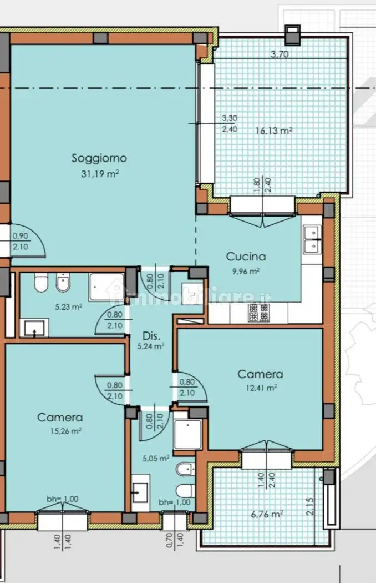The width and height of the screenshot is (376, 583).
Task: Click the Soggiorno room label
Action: (99, 158)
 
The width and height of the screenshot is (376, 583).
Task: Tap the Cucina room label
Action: (246, 257)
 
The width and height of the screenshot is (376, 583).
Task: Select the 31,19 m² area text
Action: (100, 173)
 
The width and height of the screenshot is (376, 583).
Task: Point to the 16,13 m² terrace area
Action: (274, 130)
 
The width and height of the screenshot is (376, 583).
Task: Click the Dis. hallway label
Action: (151, 336)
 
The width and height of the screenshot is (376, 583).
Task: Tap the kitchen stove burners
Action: (258, 313)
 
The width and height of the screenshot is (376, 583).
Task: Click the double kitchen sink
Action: (312, 239)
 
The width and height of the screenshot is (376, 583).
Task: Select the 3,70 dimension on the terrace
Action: (280, 54)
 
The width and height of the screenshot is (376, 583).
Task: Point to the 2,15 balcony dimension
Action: (309, 506)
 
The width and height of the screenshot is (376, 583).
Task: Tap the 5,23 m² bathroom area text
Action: (69, 307)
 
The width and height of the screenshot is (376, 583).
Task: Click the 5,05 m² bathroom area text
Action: (156, 459)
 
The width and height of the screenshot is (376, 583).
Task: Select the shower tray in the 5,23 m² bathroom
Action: (106, 288)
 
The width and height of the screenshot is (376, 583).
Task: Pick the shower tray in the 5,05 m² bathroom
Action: (187, 434)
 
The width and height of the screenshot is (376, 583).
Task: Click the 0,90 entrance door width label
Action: (21, 236)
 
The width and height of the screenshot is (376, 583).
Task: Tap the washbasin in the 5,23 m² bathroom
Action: (34, 328)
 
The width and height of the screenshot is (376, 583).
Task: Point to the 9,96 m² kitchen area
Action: (246, 271)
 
